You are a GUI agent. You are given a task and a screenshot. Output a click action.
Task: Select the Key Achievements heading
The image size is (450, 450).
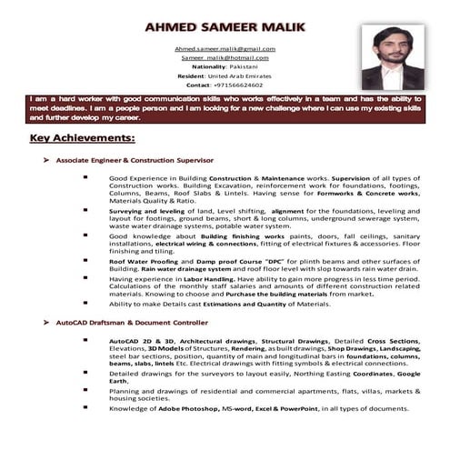point(82,138)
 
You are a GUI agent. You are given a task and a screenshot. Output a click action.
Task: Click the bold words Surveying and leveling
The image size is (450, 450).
point(143,210)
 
